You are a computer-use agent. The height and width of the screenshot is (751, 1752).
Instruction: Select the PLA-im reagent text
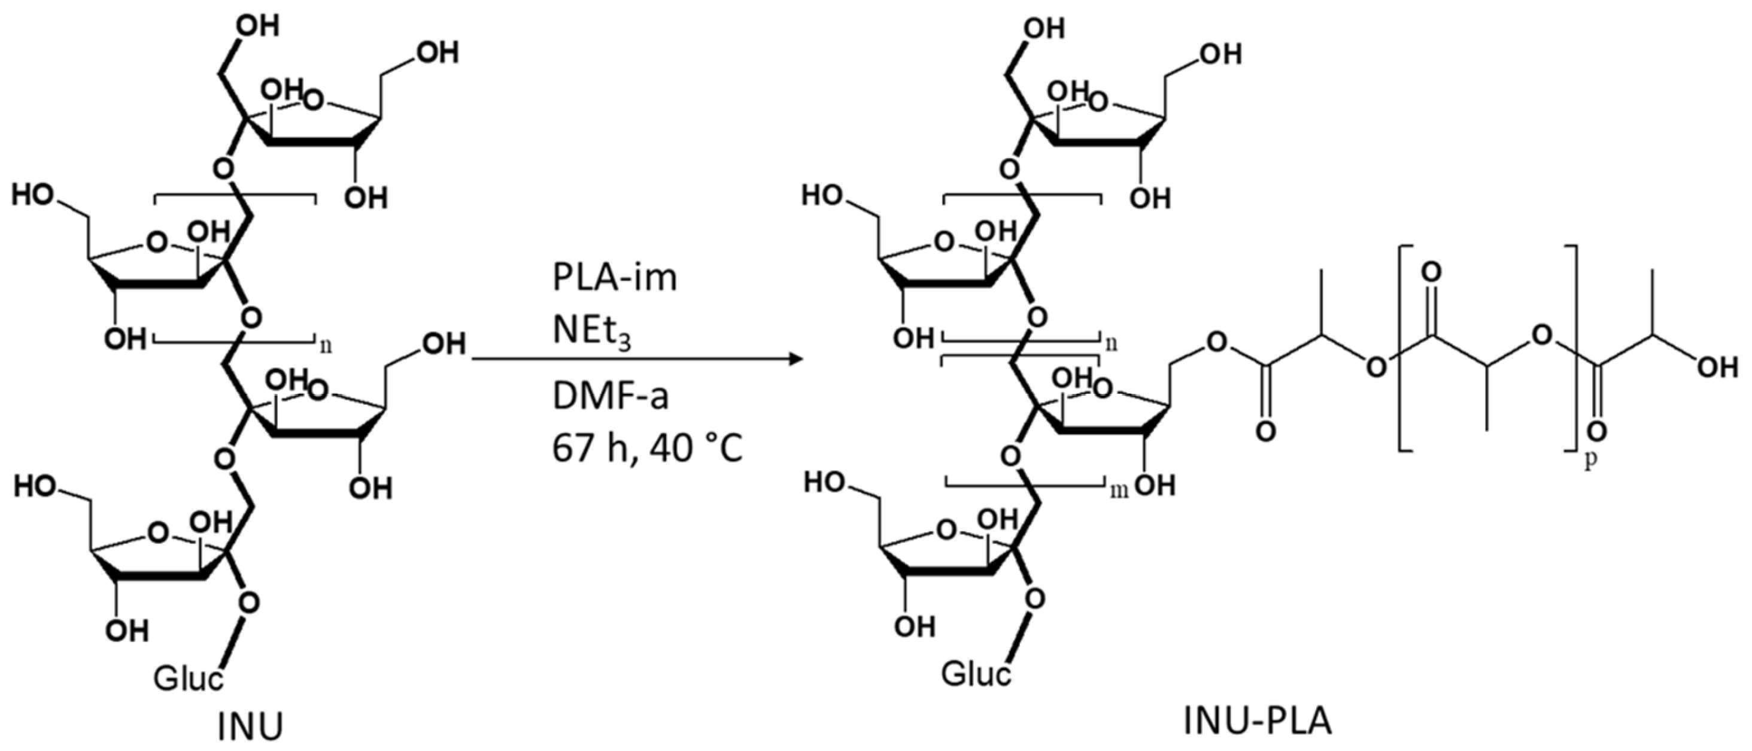614,278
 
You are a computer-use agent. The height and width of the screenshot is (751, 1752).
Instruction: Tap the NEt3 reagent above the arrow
591,332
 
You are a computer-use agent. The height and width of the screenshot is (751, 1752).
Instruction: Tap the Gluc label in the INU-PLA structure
975,674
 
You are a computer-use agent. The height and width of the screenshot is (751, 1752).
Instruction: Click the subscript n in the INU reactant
326,345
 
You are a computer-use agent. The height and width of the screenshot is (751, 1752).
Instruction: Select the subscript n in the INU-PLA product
1112,344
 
